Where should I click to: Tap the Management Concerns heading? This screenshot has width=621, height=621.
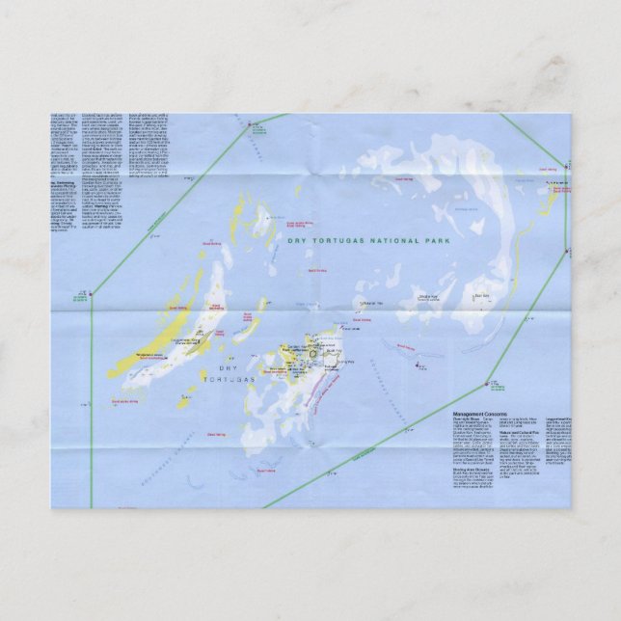(x=479, y=414)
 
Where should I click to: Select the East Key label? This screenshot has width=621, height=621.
(x=482, y=296)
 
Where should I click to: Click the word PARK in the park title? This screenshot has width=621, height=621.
(x=436, y=240)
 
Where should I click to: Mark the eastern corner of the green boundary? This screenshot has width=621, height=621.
(x=567, y=253)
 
